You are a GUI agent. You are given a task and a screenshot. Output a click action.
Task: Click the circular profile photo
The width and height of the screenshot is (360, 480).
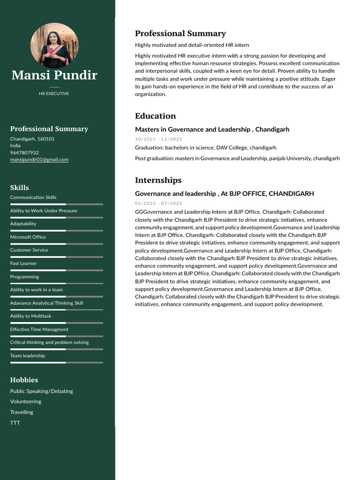point(54,45)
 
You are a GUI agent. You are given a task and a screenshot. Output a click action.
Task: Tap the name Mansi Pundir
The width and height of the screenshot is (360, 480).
point(54,75)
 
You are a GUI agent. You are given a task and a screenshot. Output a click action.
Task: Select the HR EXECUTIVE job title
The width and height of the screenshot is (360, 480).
point(54,94)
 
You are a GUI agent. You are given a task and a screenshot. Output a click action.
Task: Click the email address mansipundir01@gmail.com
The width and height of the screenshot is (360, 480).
point(39,159)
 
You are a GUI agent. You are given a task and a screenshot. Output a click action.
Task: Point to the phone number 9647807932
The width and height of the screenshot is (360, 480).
point(24,152)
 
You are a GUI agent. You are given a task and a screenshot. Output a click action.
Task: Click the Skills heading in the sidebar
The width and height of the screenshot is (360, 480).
point(20,187)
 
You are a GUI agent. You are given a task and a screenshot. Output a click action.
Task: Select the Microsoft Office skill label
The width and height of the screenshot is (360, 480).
point(28,237)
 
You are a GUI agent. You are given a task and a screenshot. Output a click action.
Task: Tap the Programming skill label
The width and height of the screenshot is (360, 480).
point(25,277)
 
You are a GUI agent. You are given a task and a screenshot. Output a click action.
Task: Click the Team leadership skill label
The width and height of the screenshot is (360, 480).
point(28,355)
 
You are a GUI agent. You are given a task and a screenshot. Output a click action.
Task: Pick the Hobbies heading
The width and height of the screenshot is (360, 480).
point(24,380)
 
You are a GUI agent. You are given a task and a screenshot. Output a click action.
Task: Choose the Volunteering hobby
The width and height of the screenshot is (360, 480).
point(26,401)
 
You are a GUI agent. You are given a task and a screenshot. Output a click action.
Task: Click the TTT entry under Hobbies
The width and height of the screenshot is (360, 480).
point(15,423)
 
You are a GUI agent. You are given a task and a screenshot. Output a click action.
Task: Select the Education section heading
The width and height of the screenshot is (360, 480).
point(155,116)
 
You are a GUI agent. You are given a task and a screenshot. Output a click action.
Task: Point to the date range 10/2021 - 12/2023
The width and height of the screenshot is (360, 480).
point(158,139)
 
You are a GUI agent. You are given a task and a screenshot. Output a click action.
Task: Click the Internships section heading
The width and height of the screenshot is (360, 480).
point(158,180)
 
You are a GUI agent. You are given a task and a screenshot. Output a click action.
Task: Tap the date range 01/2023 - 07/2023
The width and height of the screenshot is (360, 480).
point(158,203)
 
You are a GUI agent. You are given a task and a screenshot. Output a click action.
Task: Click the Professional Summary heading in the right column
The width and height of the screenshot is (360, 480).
point(180,33)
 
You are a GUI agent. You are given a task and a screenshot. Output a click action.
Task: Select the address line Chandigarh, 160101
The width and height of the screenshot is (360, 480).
point(32,139)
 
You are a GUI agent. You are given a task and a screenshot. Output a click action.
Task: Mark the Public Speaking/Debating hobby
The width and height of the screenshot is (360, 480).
point(42,391)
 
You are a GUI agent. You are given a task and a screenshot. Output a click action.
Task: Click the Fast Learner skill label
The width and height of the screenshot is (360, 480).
point(23,263)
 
